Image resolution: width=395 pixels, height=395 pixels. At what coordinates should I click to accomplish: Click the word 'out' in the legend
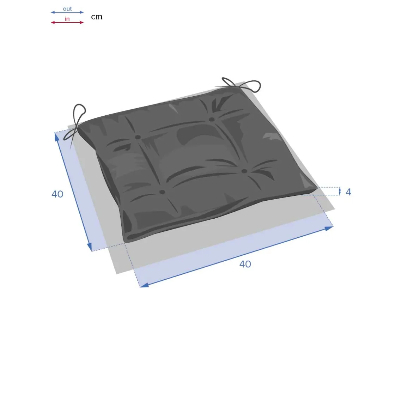(67, 9)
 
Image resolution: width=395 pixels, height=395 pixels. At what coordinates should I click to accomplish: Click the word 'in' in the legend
(67, 19)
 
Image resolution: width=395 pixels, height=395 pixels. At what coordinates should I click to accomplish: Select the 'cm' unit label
(97, 17)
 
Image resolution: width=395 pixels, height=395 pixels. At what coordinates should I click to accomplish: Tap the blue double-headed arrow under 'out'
(67, 12)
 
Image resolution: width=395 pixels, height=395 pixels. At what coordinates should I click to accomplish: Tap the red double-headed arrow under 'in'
(67, 23)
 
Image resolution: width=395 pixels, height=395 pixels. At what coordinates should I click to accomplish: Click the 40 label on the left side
(57, 194)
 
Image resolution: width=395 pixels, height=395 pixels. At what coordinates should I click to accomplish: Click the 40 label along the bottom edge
(245, 264)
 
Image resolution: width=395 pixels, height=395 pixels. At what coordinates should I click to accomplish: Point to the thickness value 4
(348, 192)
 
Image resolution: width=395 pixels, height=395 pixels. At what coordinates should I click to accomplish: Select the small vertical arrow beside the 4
(340, 191)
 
